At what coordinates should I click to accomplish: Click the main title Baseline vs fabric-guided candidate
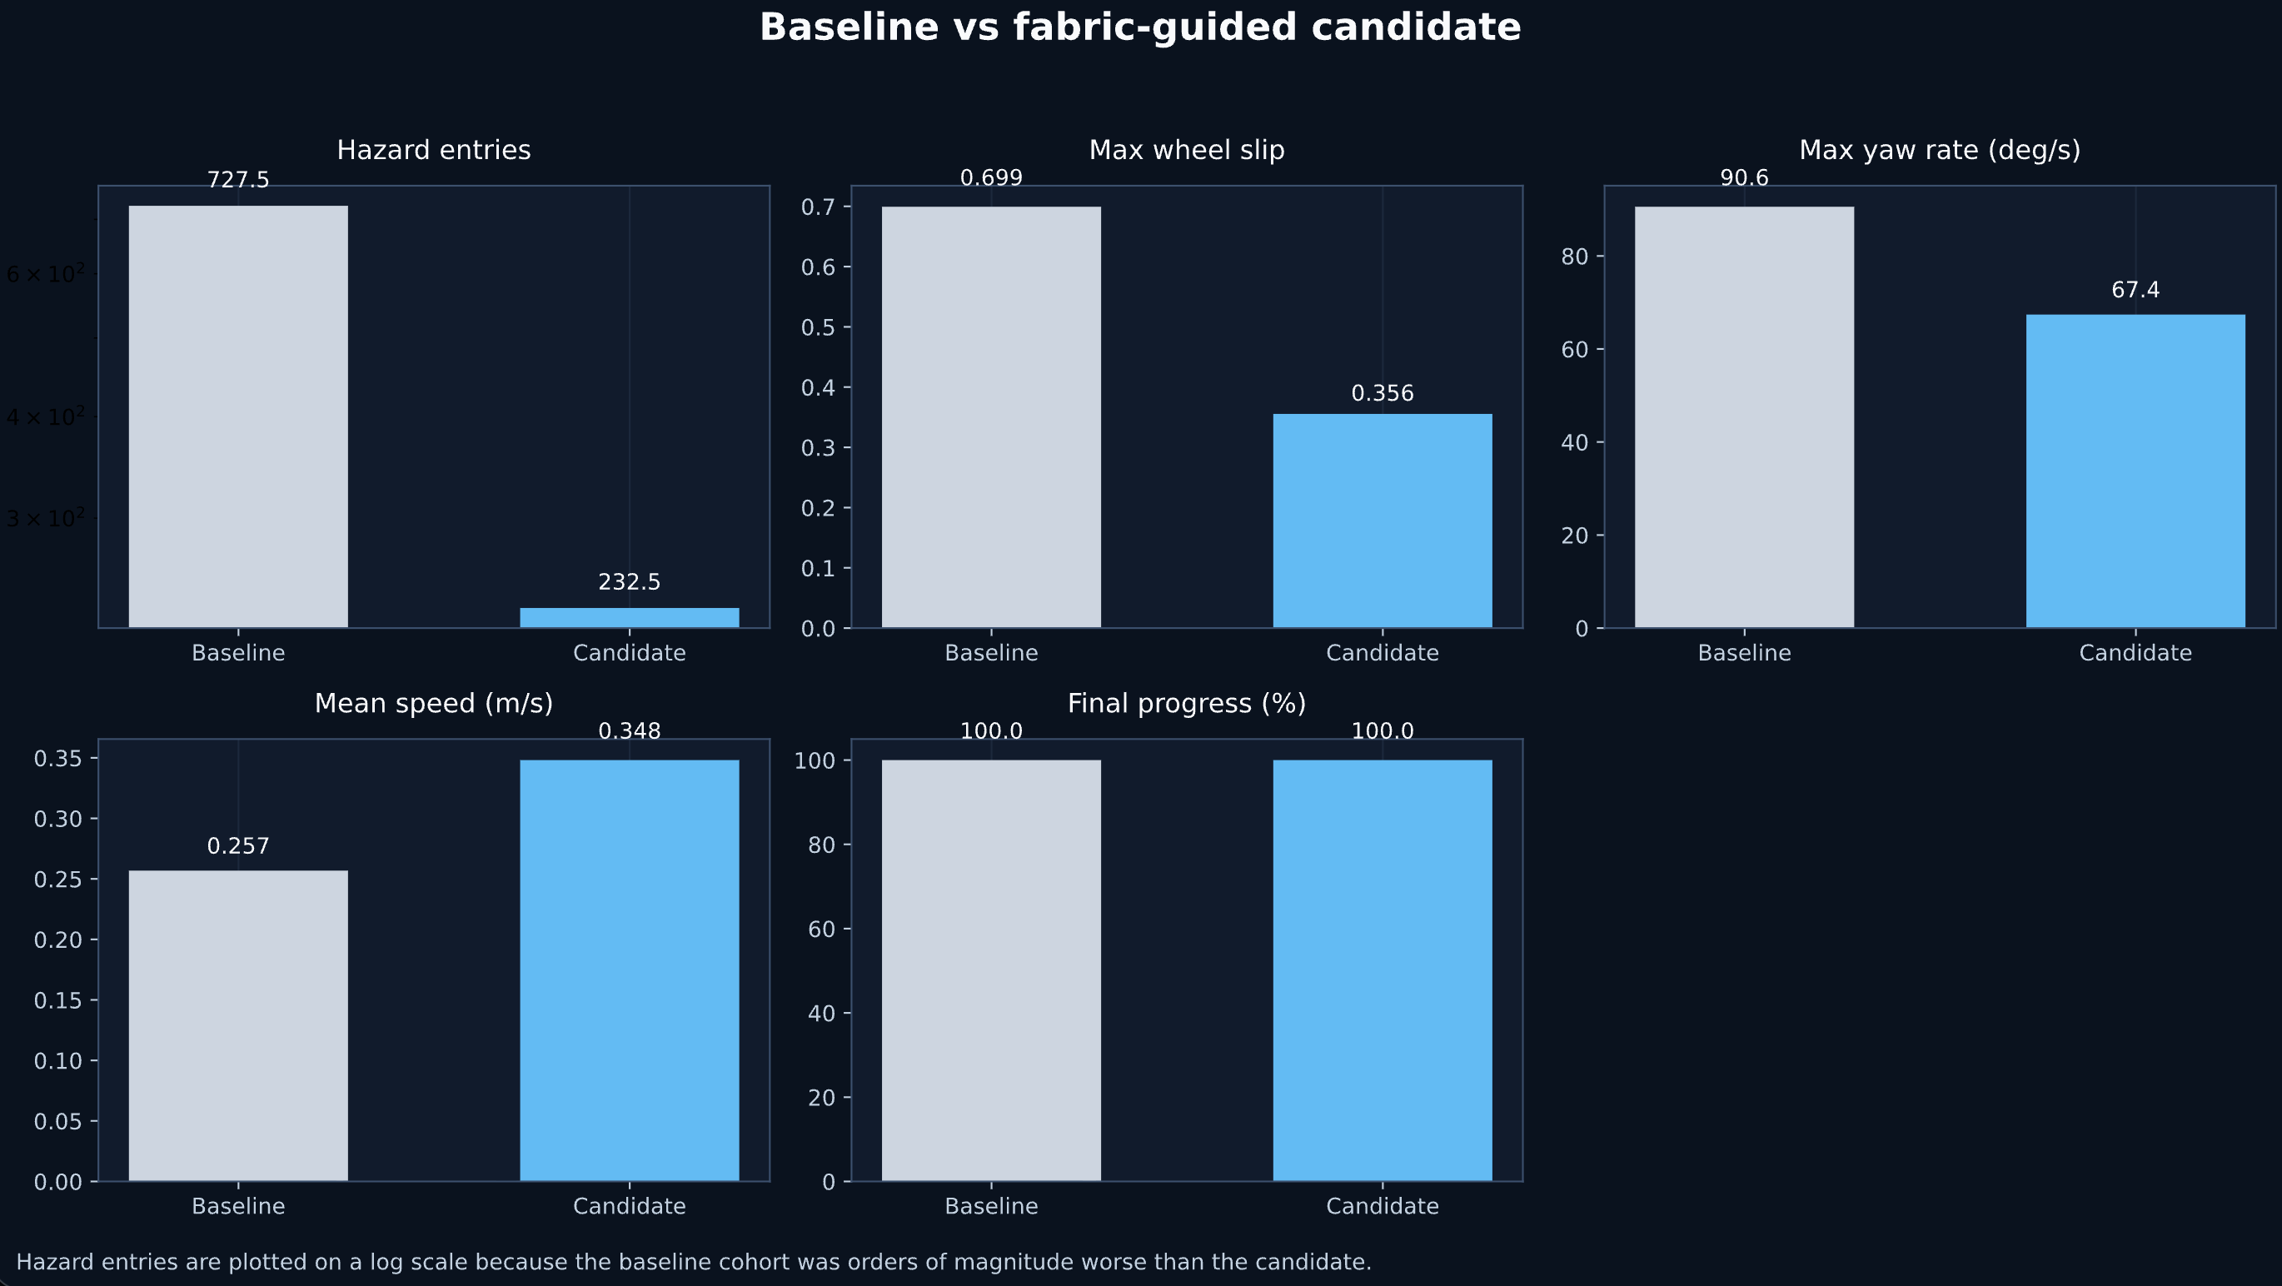pyautogui.click(x=1140, y=27)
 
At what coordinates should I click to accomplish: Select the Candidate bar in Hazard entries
pyautogui.click(x=629, y=617)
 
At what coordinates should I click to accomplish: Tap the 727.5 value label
pyautogui.click(x=238, y=181)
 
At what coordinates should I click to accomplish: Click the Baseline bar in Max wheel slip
pyautogui.click(x=991, y=416)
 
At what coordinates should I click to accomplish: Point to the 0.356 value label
pyautogui.click(x=1382, y=393)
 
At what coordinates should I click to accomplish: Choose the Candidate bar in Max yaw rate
pyautogui.click(x=2135, y=471)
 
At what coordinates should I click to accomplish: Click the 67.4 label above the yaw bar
pyautogui.click(x=2135, y=290)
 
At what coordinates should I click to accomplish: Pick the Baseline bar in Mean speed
pyautogui.click(x=238, y=1024)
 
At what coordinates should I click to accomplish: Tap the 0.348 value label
pyautogui.click(x=629, y=731)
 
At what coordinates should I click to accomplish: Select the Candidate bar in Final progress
pyautogui.click(x=1382, y=969)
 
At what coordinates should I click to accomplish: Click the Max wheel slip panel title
pyautogui.click(x=1186, y=151)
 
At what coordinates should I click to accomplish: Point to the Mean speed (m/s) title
pyautogui.click(x=433, y=703)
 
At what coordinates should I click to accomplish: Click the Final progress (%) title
pyautogui.click(x=1186, y=703)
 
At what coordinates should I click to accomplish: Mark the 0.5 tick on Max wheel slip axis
pyautogui.click(x=819, y=327)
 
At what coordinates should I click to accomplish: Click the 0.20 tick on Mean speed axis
pyautogui.click(x=57, y=940)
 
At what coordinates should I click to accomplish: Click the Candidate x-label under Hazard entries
pyautogui.click(x=629, y=654)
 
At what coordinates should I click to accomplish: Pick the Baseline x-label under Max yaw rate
pyautogui.click(x=1744, y=654)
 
